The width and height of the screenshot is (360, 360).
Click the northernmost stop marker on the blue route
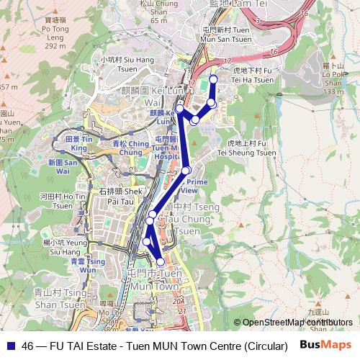213,79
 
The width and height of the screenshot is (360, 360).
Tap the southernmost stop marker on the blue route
161,263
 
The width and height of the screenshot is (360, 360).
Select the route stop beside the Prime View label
186,170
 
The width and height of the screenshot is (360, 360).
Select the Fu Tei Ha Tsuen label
253,76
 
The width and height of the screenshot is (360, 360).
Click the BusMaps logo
325,345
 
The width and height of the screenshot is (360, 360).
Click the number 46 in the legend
28,345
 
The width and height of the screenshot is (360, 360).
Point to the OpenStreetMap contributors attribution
297,322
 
